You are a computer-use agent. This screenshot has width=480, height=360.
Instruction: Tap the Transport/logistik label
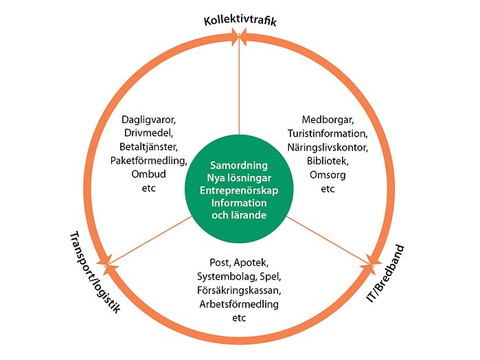pos(95,271)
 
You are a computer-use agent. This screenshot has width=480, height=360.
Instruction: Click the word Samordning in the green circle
pos(238,166)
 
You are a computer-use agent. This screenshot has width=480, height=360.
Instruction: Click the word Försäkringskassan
pos(238,290)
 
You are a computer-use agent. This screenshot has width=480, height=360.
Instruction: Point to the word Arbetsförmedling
pos(238,304)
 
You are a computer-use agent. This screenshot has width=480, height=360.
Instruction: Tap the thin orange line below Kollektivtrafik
pos(238,89)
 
